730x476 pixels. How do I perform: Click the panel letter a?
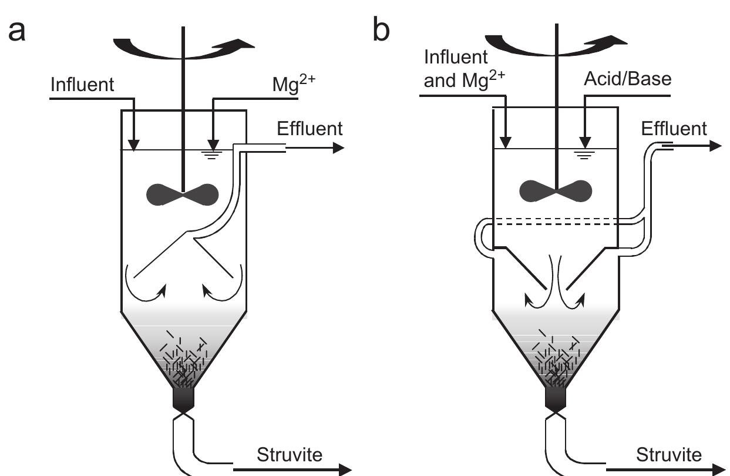click(x=18, y=31)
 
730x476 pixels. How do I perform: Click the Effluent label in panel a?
click(x=309, y=128)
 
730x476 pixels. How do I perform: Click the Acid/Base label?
click(x=627, y=79)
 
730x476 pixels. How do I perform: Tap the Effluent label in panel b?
click(x=674, y=128)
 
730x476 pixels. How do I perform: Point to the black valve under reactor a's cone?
click(x=184, y=399)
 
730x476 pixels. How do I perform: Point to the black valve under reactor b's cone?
click(x=556, y=399)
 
